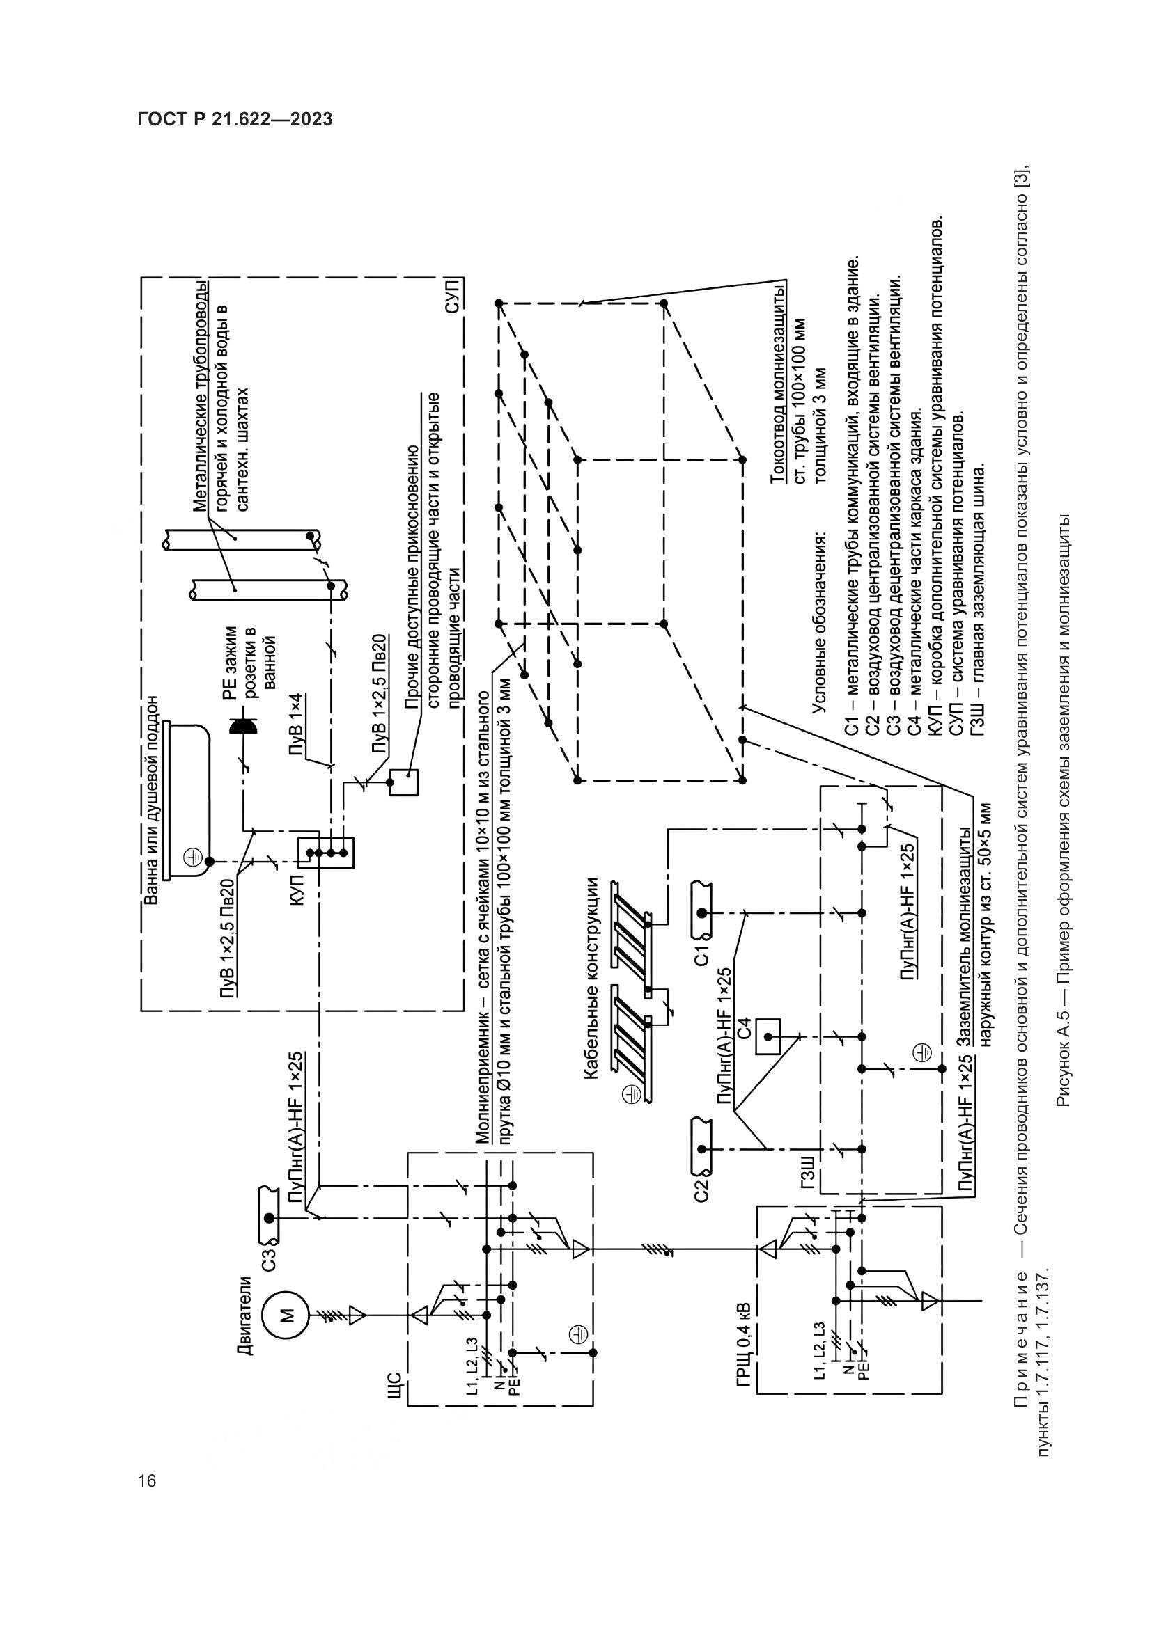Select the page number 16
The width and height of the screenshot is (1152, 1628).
click(x=148, y=1481)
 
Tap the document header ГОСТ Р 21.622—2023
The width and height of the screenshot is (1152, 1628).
click(x=235, y=119)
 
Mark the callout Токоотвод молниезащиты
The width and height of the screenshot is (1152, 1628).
click(x=778, y=383)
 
